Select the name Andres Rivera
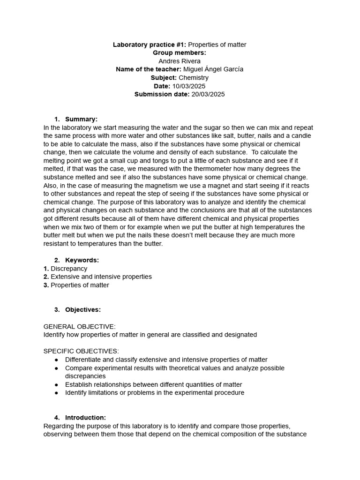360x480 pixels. click(180, 61)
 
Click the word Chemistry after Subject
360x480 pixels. click(194, 78)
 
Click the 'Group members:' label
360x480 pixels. click(180, 52)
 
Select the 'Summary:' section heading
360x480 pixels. click(81, 119)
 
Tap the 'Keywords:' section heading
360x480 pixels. click(82, 260)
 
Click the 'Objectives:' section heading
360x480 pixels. click(83, 309)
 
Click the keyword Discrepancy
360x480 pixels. click(69, 269)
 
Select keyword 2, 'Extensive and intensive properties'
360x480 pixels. click(101, 277)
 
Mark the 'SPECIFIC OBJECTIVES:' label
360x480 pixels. click(81, 351)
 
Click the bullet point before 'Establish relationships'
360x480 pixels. click(56, 384)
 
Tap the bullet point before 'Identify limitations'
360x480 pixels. click(56, 393)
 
